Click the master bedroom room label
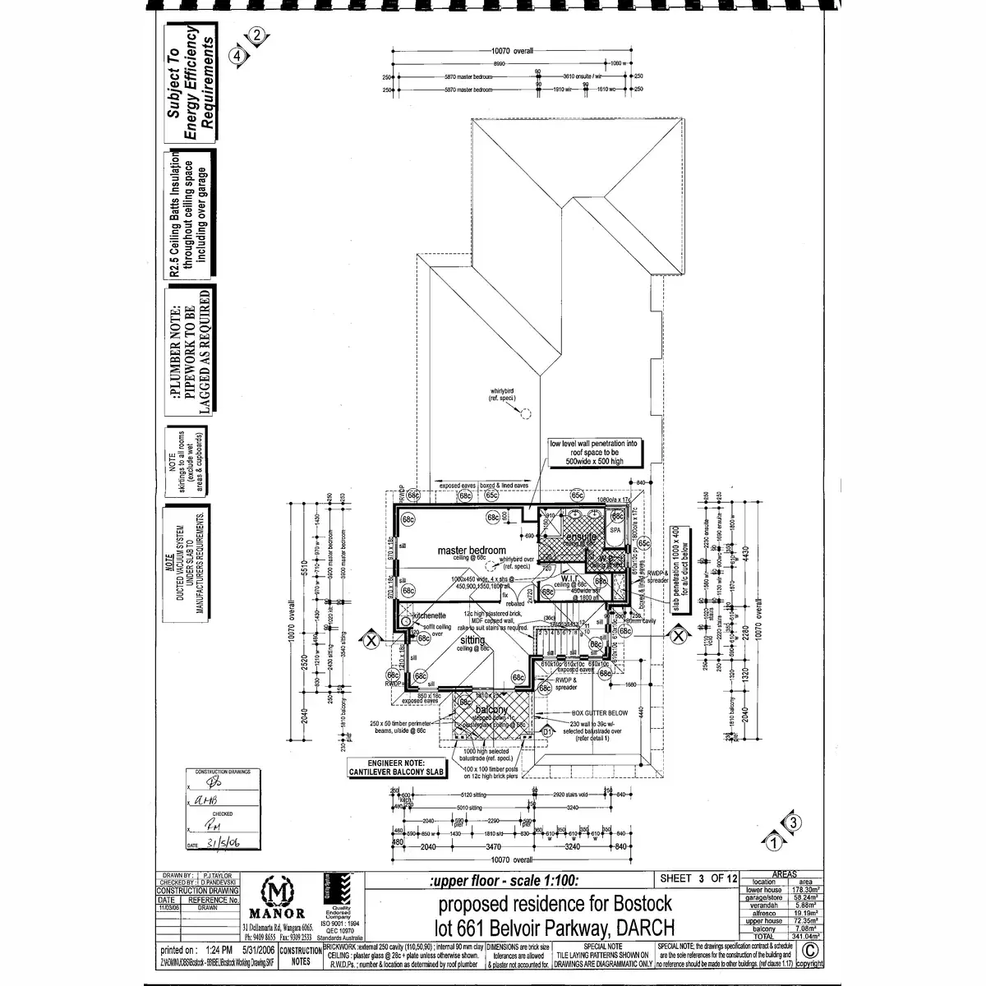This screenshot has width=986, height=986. [472, 550]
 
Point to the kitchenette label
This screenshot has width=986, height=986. [429, 615]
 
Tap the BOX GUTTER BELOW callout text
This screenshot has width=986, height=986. [600, 713]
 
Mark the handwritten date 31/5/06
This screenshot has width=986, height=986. [223, 843]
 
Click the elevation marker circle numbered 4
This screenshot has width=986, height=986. [238, 56]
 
